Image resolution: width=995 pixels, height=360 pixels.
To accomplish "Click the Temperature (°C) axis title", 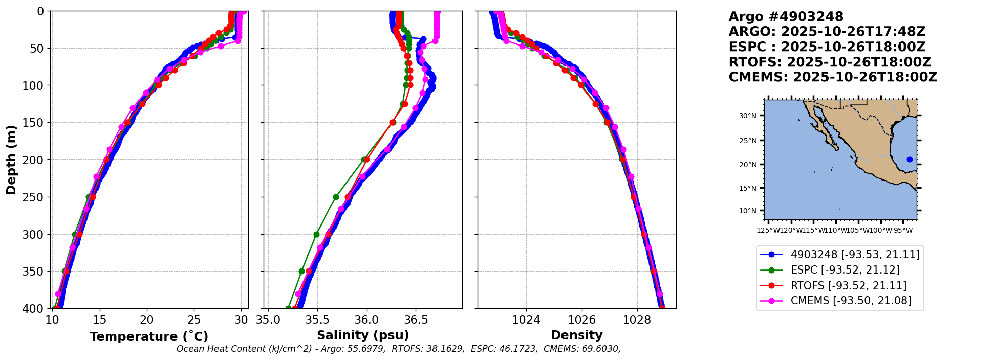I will click(149, 337).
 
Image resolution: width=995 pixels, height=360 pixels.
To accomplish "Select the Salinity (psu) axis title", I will click(363, 335).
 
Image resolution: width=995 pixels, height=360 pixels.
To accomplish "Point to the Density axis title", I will click(577, 335).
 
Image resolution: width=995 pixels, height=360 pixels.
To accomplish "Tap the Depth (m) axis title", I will click(11, 160).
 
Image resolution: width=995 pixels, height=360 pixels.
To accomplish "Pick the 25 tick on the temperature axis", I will click(194, 320).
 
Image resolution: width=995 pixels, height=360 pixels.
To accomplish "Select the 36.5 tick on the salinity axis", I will click(416, 320).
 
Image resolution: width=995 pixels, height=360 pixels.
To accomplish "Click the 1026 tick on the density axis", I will click(582, 320).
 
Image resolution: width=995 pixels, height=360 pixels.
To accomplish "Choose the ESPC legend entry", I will click(845, 270).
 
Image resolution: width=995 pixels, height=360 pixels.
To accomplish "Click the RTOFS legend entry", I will click(848, 286).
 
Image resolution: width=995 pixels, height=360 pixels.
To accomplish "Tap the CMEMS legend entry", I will click(851, 301).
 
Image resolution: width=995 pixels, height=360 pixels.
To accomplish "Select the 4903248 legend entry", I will click(855, 255).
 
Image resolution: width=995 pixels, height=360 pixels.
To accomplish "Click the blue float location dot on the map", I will click(910, 159).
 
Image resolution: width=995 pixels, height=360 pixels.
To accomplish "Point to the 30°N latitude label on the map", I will click(748, 116).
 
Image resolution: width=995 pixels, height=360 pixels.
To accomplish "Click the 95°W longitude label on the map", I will click(902, 231).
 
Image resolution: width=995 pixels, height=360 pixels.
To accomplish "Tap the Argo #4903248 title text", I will click(786, 17).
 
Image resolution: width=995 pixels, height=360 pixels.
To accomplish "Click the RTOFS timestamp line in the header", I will click(830, 62).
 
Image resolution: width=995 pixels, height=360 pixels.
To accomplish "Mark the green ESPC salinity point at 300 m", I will click(316, 234).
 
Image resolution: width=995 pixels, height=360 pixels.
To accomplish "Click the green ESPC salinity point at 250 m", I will click(336, 197).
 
